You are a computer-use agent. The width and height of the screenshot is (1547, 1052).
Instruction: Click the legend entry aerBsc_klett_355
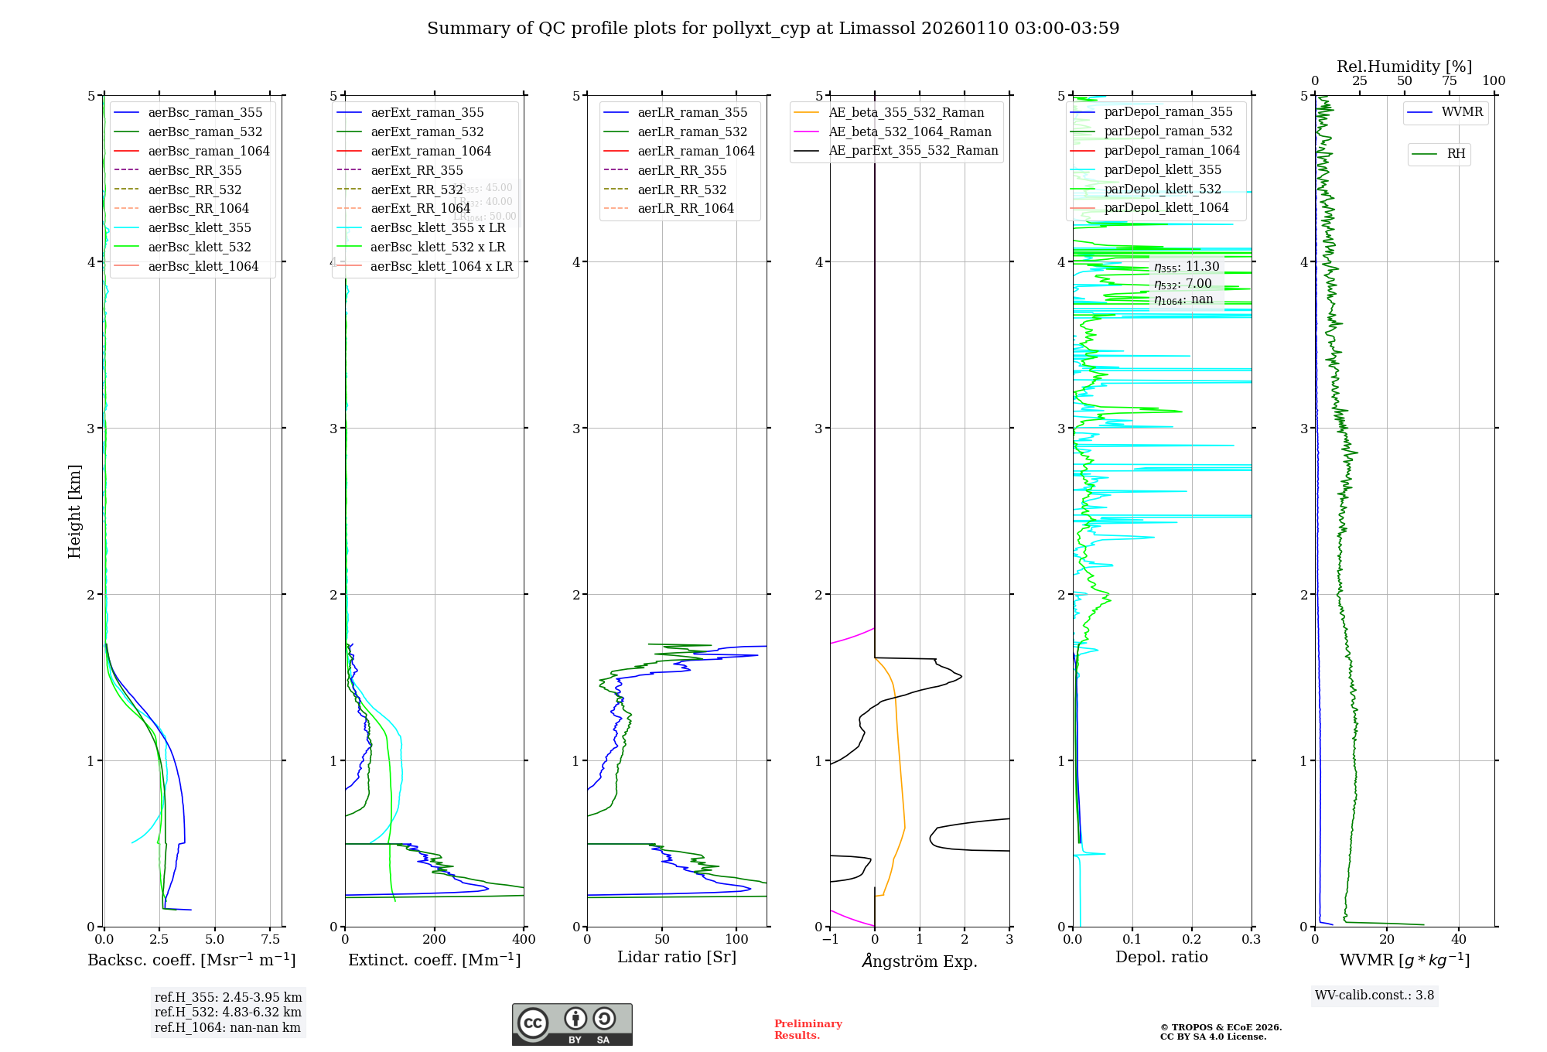click(200, 228)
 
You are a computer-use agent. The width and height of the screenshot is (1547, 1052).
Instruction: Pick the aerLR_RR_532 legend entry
click(681, 190)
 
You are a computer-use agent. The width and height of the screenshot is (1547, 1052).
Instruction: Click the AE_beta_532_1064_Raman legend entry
click(910, 132)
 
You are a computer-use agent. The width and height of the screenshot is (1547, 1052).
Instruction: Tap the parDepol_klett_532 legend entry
click(1162, 189)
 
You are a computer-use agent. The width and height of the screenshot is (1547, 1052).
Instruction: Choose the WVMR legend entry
click(1462, 112)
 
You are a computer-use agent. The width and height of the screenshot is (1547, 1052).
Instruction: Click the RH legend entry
click(1456, 154)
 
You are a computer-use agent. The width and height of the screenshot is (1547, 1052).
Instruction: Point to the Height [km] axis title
click(74, 511)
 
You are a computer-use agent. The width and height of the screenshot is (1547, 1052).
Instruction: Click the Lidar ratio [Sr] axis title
click(677, 957)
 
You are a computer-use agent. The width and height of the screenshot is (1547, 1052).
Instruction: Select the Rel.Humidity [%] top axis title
click(1404, 67)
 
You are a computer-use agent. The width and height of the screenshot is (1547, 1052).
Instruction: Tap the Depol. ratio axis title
click(1161, 957)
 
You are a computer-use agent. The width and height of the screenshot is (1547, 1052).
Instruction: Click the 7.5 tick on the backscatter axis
click(270, 940)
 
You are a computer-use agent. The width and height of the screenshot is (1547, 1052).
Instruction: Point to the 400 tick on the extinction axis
click(524, 940)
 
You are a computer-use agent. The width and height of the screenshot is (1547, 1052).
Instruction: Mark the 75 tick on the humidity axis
click(1449, 81)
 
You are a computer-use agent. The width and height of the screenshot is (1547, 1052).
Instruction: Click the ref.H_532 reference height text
click(227, 1013)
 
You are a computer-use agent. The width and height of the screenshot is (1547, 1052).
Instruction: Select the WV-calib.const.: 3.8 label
click(1374, 996)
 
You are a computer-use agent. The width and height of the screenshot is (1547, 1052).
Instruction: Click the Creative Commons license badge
click(572, 1024)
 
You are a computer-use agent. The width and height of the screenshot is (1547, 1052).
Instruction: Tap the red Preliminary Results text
click(808, 1030)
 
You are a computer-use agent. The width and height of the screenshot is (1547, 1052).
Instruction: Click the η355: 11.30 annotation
click(1187, 267)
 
